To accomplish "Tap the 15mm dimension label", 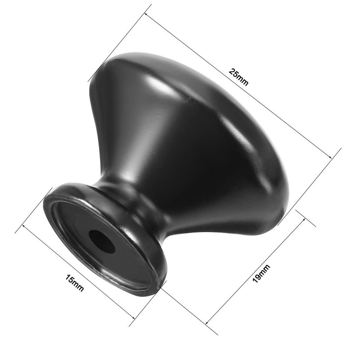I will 75,283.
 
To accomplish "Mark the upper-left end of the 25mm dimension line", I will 146,13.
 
